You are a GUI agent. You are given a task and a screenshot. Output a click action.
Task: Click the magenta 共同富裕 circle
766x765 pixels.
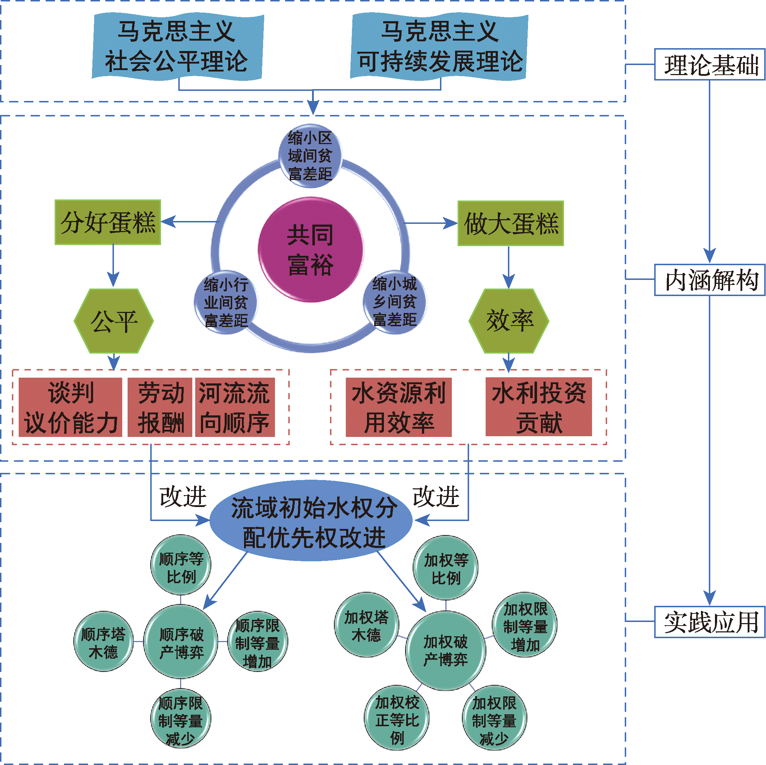click(311, 249)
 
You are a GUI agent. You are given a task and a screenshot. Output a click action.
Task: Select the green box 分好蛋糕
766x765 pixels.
click(107, 222)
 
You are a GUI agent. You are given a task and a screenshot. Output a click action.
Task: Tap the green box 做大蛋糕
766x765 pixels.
click(511, 223)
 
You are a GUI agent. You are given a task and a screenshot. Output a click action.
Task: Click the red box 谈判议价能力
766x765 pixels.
click(70, 407)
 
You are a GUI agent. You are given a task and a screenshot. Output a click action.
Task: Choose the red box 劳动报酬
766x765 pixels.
click(160, 407)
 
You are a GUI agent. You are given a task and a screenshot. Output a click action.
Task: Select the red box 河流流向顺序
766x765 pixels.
click(235, 407)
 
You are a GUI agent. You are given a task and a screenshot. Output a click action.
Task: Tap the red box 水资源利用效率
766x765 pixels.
click(399, 407)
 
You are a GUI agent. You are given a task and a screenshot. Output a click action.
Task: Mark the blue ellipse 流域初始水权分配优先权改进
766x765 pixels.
click(311, 520)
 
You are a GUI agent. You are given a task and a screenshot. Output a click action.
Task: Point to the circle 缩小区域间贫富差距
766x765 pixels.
click(310, 156)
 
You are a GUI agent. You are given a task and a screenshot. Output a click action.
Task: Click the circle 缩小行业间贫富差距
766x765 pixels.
click(226, 303)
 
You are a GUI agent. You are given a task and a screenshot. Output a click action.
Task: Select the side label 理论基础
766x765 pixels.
click(710, 64)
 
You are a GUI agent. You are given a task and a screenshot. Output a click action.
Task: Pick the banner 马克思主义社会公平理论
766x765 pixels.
click(177, 46)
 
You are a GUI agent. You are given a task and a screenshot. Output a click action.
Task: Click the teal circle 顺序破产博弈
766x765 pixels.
click(181, 642)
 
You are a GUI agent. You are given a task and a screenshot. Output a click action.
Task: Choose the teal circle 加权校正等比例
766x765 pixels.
click(397, 718)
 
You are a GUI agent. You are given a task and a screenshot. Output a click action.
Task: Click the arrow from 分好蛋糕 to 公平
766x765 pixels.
click(113, 266)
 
